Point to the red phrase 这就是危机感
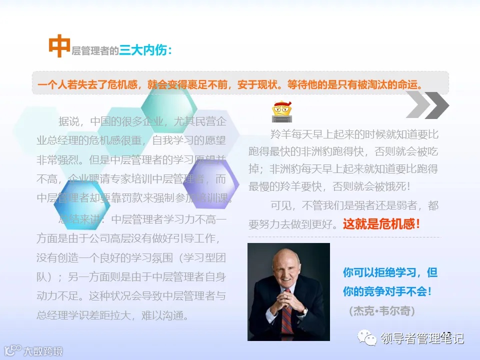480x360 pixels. [x=381, y=223]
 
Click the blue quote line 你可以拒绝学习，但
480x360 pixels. [x=390, y=272]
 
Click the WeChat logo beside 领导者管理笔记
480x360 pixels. [x=370, y=338]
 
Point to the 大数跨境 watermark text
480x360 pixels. [x=43, y=351]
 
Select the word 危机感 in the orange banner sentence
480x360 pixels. [x=120, y=83]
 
